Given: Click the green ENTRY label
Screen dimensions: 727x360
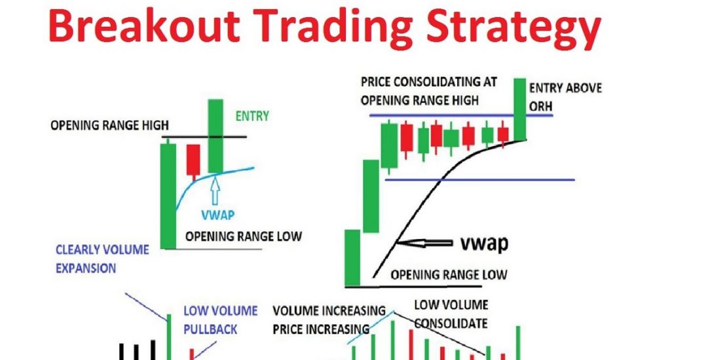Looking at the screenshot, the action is pyautogui.click(x=252, y=116).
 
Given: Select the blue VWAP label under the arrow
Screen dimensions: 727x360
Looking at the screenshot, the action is pyautogui.click(x=218, y=215).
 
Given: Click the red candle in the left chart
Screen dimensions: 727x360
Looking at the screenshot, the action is pyautogui.click(x=193, y=160).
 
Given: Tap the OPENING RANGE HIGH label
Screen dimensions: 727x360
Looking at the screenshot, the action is pyautogui.click(x=109, y=125).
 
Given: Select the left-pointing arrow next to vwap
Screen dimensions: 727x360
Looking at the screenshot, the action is pyautogui.click(x=424, y=242).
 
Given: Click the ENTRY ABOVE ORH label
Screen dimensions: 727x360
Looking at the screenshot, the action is pyautogui.click(x=565, y=97).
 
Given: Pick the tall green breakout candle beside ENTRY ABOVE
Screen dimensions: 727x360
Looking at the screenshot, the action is pyautogui.click(x=519, y=109).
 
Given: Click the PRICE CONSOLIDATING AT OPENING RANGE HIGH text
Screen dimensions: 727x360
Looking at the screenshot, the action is pyautogui.click(x=428, y=91).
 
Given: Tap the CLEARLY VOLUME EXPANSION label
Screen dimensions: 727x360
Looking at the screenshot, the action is pyautogui.click(x=102, y=259).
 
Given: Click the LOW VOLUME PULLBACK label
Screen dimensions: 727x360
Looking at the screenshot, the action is pyautogui.click(x=221, y=319).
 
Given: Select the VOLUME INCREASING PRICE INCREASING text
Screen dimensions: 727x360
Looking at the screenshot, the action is pyautogui.click(x=329, y=319).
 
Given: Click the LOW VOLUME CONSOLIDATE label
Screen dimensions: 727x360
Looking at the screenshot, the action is pyautogui.click(x=451, y=314).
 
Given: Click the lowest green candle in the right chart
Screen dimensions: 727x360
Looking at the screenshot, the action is pyautogui.click(x=352, y=258).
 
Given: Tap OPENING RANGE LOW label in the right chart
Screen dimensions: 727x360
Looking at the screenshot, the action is pyautogui.click(x=449, y=275).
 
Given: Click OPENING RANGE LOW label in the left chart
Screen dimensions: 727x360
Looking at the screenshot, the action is pyautogui.click(x=244, y=236).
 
